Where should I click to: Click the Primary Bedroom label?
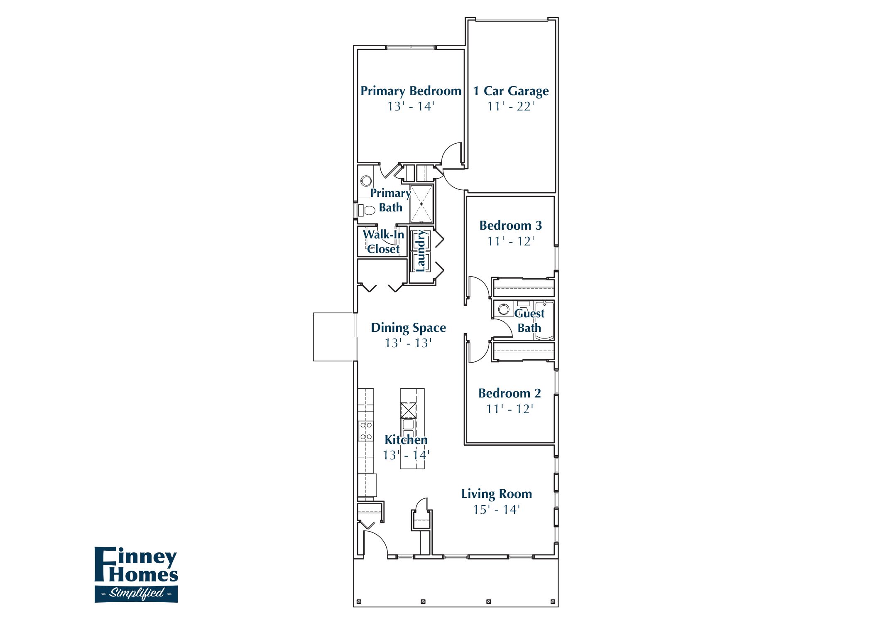pos(411,91)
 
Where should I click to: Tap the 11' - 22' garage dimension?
pos(511,107)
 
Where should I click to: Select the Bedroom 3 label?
pos(510,226)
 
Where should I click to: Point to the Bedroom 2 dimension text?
pos(509,409)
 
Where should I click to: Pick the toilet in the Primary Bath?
pos(367,210)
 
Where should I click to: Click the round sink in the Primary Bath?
pos(366,181)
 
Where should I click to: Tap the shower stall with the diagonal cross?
pos(421,204)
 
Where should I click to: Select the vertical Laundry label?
pos(421,251)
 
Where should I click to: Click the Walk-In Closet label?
pos(383,242)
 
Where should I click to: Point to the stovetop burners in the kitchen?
pos(366,431)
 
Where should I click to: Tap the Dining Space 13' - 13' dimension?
pos(408,343)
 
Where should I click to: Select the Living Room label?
pos(496,494)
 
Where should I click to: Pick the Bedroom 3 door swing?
pos(480,287)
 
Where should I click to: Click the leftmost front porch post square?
pos(359,601)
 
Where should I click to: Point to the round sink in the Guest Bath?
pos(504,309)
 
